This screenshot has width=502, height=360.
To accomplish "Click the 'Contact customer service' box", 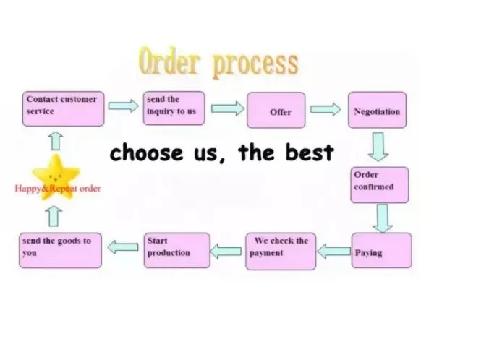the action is tap(64, 109).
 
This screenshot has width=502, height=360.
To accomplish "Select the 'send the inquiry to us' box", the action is tap(174, 108).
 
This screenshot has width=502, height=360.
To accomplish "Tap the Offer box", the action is tap(276, 110).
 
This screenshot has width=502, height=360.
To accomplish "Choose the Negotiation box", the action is tap(377, 110).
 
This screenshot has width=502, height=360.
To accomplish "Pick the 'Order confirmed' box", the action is tap(380, 185).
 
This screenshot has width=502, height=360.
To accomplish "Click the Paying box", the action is tap(382, 251).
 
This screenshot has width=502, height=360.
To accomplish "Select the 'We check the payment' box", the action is tap(281, 252).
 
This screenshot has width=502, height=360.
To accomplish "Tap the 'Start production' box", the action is tap(177, 251).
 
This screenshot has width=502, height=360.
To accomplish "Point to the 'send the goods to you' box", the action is tap(61, 251).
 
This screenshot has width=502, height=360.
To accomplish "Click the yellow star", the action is tap(56, 176).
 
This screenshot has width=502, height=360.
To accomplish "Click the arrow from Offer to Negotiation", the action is tap(326, 109).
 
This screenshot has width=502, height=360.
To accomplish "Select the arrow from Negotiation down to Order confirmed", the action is tap(378, 147).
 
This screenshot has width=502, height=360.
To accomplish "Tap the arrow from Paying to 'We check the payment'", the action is tap(334, 251).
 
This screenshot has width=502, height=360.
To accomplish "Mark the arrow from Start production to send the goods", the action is tap(123, 247).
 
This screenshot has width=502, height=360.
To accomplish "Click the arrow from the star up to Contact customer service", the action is tap(56, 141).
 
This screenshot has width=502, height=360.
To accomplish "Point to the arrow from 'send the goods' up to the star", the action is tap(54, 216).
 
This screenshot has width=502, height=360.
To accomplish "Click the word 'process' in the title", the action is tap(255, 64).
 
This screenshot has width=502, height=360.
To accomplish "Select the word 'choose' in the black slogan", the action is tap(146, 153).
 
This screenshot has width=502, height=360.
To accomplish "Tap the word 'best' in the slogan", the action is tap(310, 152).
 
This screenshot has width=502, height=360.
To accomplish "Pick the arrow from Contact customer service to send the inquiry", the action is tap(123, 106).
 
